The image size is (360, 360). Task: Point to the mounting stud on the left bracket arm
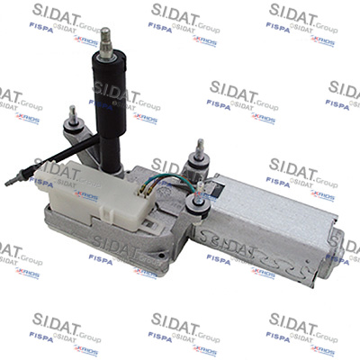[x=71, y=114]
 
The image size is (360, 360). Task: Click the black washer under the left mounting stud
[x=72, y=125]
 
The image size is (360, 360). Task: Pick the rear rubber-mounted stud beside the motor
[x=194, y=167]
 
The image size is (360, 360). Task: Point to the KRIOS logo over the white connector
[x=85, y=194]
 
